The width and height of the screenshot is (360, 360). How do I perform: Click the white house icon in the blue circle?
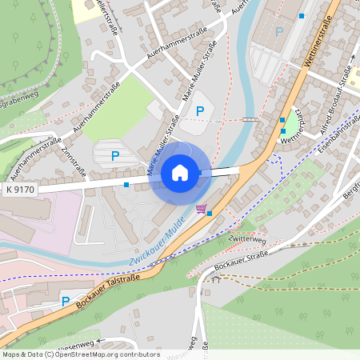click(180, 172)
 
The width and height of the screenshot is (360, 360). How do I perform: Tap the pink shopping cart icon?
click(201, 209)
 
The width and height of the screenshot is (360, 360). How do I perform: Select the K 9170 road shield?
click(20, 190)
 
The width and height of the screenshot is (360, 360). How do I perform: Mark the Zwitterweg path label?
click(246, 238)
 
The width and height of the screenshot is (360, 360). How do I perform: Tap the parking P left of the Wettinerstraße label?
click(278, 32)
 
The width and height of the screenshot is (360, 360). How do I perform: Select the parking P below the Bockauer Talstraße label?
click(66, 302)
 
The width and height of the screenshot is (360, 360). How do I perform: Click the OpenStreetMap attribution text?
click(81, 354)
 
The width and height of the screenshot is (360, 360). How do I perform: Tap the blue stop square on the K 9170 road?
click(126, 185)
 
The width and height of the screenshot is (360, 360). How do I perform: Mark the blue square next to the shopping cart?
click(210, 214)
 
